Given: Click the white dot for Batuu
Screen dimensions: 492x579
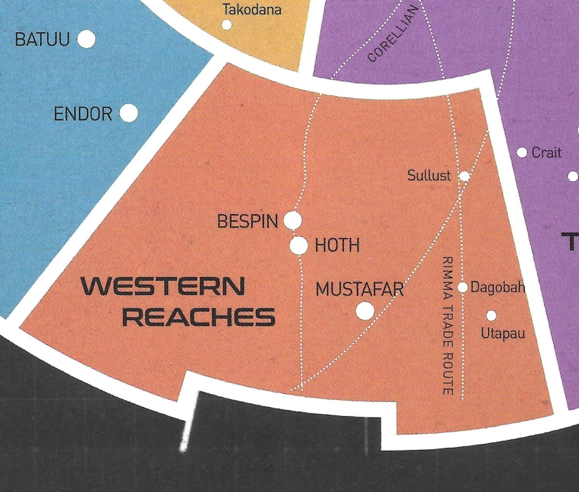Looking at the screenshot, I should (86, 39).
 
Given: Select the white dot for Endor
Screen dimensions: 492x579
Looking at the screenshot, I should (128, 114).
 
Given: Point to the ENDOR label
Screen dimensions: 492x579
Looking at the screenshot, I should (83, 114).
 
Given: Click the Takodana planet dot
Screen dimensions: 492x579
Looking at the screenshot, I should (227, 25).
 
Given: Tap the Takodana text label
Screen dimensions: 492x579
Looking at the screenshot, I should (252, 9).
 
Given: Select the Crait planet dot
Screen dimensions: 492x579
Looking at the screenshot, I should (522, 153).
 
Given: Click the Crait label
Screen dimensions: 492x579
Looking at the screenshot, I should (547, 153).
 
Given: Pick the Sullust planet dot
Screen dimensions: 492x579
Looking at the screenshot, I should (464, 176).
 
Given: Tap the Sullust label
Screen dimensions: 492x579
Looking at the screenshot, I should (429, 175).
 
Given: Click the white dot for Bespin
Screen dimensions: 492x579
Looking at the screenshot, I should (292, 221).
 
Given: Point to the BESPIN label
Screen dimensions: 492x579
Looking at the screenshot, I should (248, 222).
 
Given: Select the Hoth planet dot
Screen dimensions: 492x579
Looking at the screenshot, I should (299, 246).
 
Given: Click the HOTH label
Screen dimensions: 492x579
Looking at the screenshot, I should (337, 246).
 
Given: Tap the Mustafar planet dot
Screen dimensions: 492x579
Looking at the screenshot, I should (365, 310).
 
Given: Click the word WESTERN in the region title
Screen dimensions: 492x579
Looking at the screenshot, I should (163, 286).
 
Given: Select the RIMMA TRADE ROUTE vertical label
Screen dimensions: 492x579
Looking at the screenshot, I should (448, 325).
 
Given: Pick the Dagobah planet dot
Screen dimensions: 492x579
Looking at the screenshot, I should (462, 287).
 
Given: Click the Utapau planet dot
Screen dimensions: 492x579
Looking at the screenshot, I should (491, 315).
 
